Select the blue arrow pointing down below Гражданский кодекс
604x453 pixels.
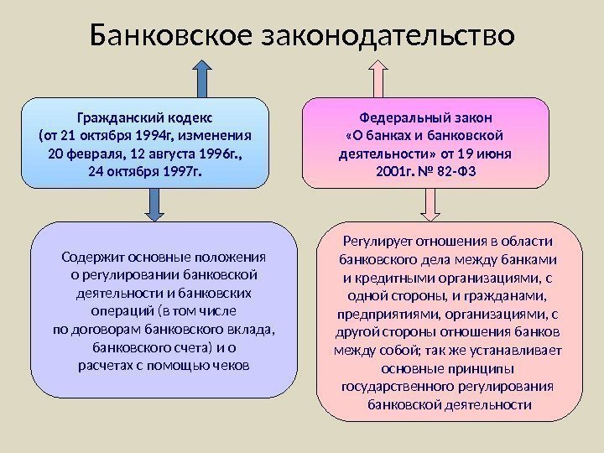[x=156, y=203]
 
